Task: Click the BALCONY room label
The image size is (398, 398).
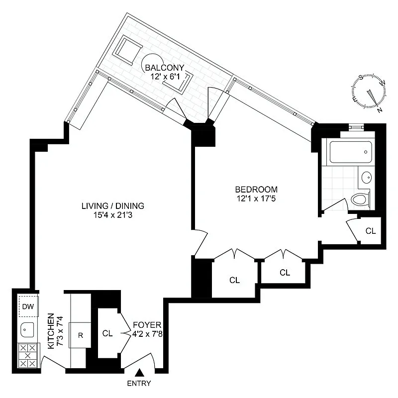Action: (x=165, y=68)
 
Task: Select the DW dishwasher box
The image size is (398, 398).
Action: (x=28, y=306)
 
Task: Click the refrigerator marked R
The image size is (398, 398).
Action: (x=80, y=334)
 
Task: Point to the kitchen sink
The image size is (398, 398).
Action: (x=26, y=329)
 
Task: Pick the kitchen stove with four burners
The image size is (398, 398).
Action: (x=28, y=356)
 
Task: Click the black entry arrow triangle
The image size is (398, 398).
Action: (x=140, y=372)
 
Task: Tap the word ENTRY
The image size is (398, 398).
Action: (x=139, y=384)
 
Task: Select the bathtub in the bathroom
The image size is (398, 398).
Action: (x=349, y=151)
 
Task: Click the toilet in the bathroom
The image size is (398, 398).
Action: (x=360, y=199)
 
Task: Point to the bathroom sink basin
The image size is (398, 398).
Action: (x=367, y=177)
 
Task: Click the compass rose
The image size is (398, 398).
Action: (x=370, y=93)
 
